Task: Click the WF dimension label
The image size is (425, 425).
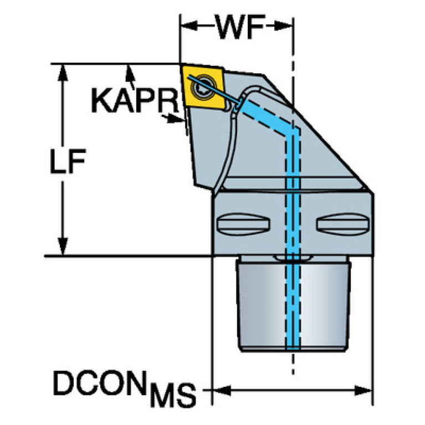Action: pos(240,27)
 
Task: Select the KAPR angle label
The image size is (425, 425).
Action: pos(135,100)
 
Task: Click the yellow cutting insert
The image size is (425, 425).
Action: pos(204,86)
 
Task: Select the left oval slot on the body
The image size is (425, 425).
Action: pos(244,224)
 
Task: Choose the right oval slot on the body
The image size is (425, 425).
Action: pos(342,224)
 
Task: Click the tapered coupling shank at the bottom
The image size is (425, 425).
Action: pos(293,305)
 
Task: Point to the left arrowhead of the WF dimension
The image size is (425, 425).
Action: pos(188,26)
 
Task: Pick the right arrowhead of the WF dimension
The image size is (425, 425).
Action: pos(284,26)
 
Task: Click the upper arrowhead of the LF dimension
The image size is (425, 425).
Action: pos(63,73)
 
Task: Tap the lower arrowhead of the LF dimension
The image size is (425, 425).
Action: pos(63,246)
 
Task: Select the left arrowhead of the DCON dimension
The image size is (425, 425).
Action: pos(222,390)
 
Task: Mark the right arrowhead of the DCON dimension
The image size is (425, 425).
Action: pos(363,390)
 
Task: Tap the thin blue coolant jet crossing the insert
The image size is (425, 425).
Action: pos(213,90)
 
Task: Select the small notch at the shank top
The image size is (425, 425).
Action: pos(292,258)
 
